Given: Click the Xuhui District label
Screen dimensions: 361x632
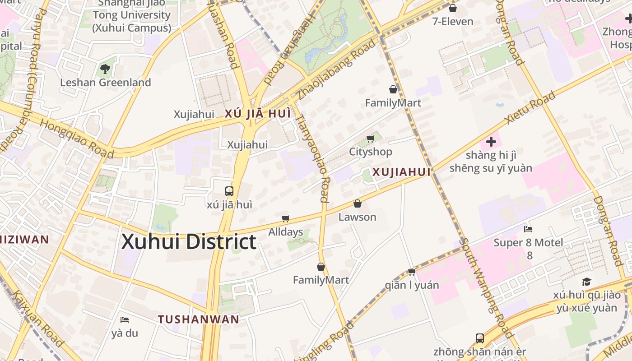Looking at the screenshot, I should pos(189,242).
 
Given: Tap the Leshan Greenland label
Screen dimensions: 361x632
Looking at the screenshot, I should pos(106,83).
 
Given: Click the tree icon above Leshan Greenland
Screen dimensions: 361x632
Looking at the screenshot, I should pos(105,69).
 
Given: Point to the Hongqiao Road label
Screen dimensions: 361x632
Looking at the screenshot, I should pos(77,139).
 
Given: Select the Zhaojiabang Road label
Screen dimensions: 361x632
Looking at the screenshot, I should pos(336,70).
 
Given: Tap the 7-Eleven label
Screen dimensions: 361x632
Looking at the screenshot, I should pos(453,21).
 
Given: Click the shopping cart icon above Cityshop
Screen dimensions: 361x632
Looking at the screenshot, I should pos(371,139).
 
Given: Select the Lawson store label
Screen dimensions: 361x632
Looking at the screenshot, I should pos(357,217).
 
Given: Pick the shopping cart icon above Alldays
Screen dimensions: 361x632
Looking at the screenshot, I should pos(285,219).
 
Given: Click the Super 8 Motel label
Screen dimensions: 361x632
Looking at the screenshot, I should pos(528,243).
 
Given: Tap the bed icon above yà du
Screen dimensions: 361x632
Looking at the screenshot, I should pos(125,320).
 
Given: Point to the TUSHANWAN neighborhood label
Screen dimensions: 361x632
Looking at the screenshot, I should pos(199,319).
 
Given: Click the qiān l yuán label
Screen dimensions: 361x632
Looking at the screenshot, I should pos(412,285).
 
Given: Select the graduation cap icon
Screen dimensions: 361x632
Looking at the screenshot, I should pos(586,282).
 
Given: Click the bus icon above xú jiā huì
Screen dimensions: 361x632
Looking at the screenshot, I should pos(229,191).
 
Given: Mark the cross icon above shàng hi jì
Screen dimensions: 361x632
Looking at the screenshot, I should pos(491,142).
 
